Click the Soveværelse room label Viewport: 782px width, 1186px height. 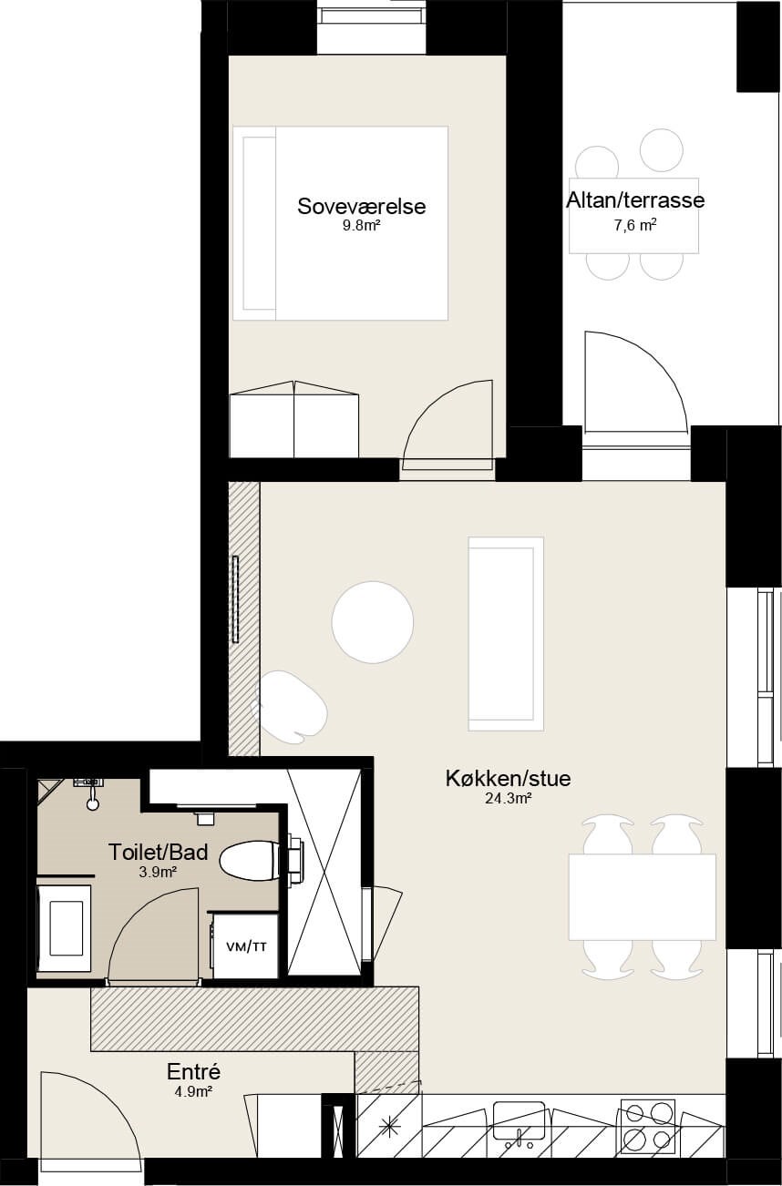tap(361, 207)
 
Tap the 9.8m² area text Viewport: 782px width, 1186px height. tap(361, 226)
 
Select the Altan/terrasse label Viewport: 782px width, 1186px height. tap(635, 200)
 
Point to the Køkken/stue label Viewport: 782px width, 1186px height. tap(508, 778)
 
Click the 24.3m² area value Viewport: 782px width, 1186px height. tap(508, 799)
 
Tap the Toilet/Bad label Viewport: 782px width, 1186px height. tap(158, 852)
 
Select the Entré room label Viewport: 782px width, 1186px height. tap(193, 1057)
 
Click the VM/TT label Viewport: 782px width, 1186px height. tap(246, 946)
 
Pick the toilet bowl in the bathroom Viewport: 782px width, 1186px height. tap(250, 861)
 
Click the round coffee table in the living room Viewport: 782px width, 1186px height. tap(373, 622)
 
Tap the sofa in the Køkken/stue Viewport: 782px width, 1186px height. tap(506, 634)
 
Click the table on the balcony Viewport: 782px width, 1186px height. tap(633, 216)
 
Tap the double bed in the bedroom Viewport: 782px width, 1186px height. tap(340, 223)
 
